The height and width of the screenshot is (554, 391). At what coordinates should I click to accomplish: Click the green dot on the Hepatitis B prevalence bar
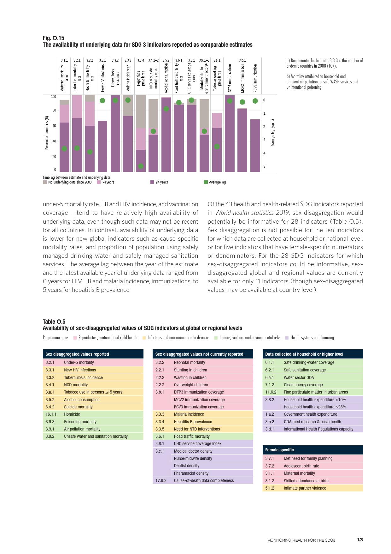coord(141,166)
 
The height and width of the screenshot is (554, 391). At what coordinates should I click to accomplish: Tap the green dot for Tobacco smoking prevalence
coord(217,147)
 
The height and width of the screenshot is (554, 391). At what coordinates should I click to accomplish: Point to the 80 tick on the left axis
coord(54,110)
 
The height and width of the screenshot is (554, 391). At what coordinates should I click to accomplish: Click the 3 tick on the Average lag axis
coord(264,140)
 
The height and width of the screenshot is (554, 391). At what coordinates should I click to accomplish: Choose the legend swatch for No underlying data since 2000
coord(45,182)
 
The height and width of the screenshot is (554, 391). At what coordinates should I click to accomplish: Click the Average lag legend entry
coord(217,182)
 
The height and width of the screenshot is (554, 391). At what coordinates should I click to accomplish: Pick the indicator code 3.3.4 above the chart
coord(141,60)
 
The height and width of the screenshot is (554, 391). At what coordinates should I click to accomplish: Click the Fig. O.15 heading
coord(54,38)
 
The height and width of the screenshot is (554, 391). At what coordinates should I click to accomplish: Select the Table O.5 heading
coord(54,322)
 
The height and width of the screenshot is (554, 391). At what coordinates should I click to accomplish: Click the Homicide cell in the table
coord(72,414)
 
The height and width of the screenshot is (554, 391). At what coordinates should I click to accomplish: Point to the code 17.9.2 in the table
coord(161,480)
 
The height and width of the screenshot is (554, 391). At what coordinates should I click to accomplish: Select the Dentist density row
coord(187,466)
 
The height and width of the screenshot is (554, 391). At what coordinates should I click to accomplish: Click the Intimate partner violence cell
coord(305,488)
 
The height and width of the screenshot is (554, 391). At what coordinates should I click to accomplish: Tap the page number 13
coord(360,539)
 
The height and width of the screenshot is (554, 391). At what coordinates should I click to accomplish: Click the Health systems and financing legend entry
coord(312,338)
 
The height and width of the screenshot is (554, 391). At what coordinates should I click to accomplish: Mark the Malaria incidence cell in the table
coord(189,414)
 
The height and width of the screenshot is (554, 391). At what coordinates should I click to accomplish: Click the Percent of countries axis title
coord(47,133)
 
